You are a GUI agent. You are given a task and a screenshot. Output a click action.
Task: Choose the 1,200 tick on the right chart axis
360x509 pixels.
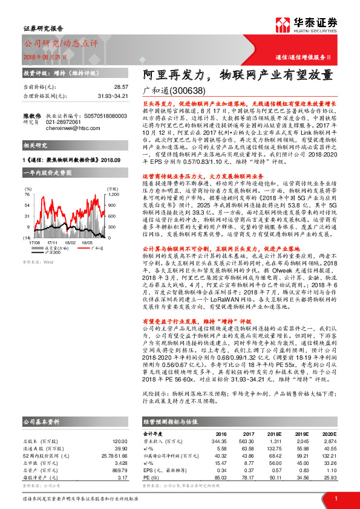tap(113, 195)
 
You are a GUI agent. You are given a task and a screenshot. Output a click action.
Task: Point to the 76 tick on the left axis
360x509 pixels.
tap(27, 195)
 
